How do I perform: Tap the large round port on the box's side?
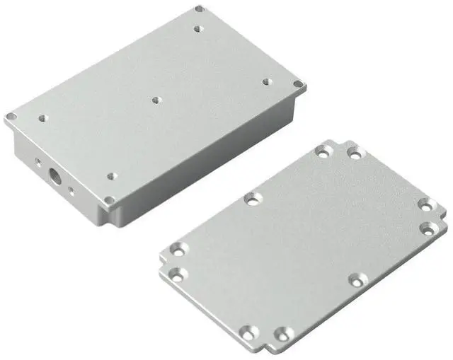coord(52,173)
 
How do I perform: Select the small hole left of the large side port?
coord(38,162)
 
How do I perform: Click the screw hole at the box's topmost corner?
coord(200,10)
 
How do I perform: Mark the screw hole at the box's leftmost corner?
coord(11,117)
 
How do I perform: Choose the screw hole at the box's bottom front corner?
coord(110,200)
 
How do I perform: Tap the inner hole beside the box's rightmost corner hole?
coord(267,82)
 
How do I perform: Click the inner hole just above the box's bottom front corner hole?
coord(110,176)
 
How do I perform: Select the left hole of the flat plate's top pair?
coord(323,151)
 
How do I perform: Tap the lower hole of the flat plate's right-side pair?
coord(429,228)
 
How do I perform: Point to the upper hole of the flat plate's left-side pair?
coord(175,250)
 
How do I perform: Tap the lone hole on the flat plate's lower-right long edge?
coord(358,281)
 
